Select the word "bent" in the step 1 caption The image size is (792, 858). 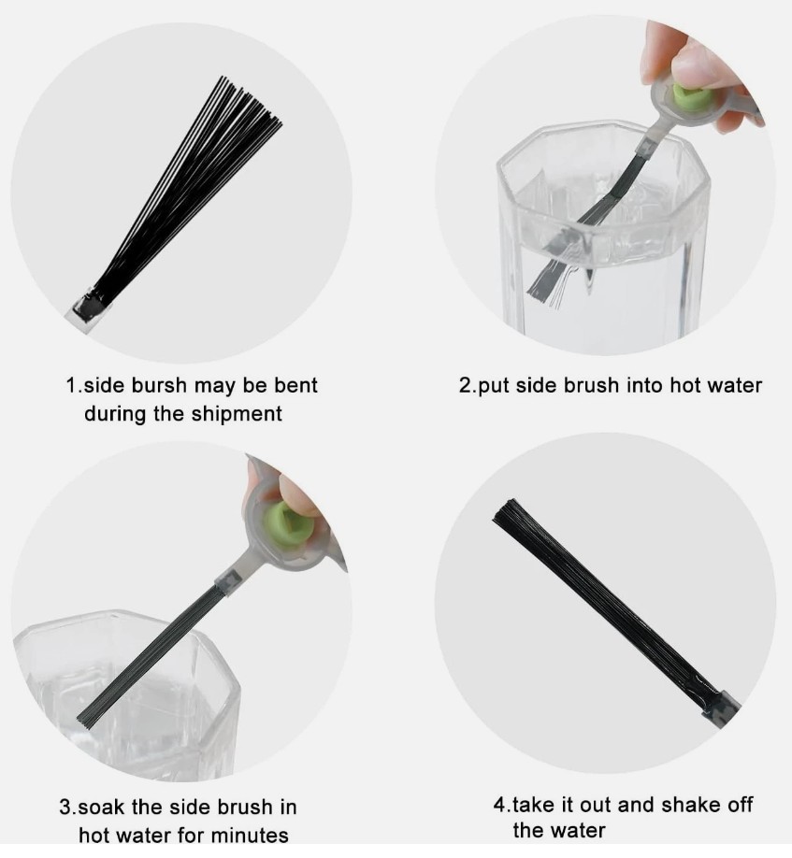tap(295, 385)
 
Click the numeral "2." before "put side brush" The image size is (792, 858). tap(468, 386)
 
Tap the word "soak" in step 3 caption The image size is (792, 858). tap(102, 808)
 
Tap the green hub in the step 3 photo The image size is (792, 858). tap(288, 524)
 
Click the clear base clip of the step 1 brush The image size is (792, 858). tap(86, 312)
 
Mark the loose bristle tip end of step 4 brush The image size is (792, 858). tap(505, 511)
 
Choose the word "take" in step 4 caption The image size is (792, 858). tap(535, 805)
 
